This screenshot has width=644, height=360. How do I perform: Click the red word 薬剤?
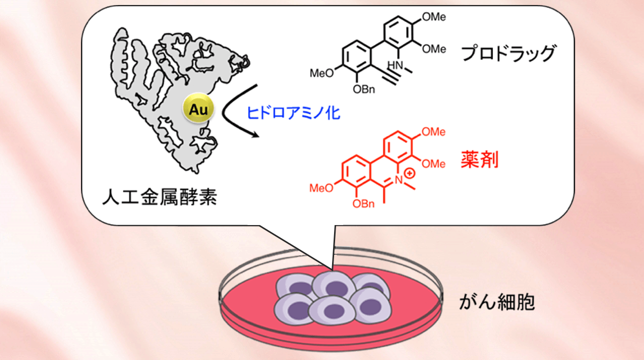pos(479,160)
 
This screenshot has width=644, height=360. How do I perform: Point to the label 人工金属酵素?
pos(159,197)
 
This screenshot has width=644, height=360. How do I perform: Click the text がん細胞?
pos(497,303)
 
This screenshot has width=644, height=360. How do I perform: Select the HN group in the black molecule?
pos(395,64)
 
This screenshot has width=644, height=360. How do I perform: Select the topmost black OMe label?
pos(434,17)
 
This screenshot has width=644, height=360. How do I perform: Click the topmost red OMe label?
pos(434,132)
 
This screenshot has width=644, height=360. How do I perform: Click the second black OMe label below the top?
pos(434,49)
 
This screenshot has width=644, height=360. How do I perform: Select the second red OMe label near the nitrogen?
pos(434,164)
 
